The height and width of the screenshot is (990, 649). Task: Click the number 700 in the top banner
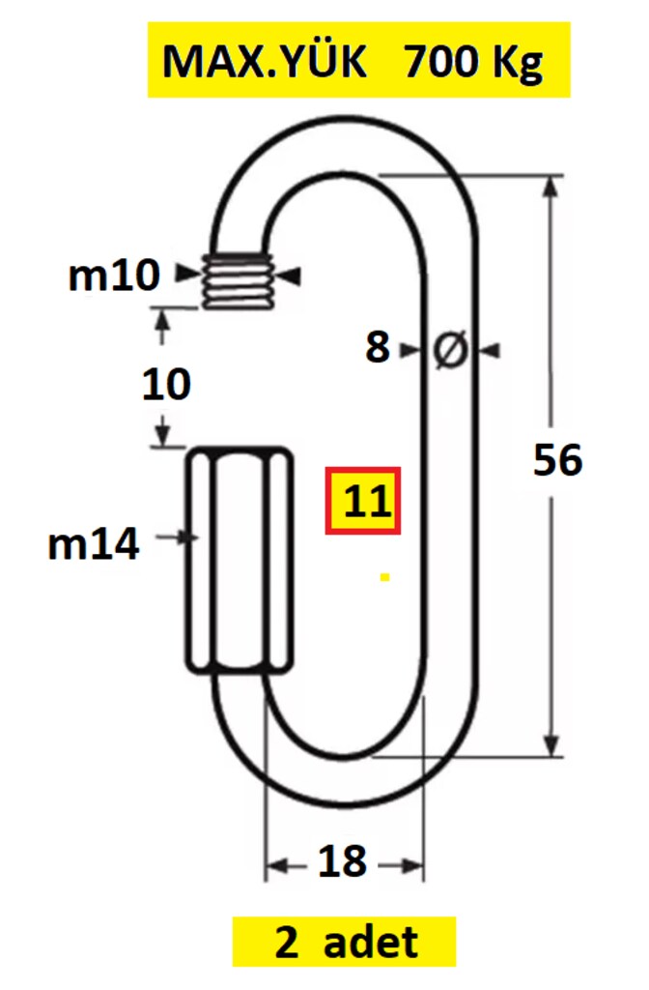coord(440,61)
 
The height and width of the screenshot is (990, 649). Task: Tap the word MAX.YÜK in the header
coord(265,60)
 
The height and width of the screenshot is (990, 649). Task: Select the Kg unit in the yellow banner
coord(518,64)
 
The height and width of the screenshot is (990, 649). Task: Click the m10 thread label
coord(114,276)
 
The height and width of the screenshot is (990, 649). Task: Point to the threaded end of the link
coord(240,280)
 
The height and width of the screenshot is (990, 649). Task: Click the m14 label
coord(94,543)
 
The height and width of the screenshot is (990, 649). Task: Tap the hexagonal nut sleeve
coord(240,561)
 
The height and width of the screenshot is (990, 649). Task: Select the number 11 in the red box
coord(363,502)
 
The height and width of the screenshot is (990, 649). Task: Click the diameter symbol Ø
coord(451,348)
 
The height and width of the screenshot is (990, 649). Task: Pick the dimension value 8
coord(378,347)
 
